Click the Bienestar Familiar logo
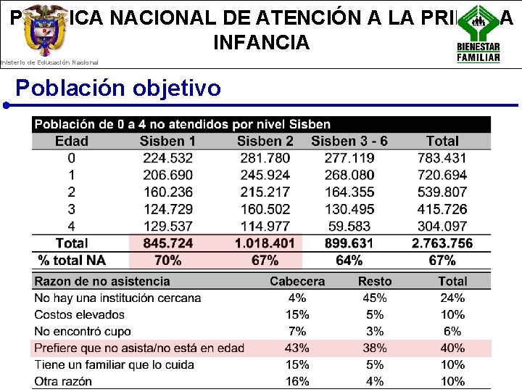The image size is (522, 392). coord(478,33)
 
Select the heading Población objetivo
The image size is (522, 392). coord(118,88)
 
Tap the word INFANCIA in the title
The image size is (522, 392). coord(261,42)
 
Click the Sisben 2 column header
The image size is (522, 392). coord(265,141)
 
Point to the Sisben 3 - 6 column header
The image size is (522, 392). coord(349,141)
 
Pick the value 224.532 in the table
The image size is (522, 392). coord(167,158)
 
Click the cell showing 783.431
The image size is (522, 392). coord(442,158)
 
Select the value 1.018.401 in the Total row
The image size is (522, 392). coord(265,243)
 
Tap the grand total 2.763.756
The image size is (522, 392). coord(442,243)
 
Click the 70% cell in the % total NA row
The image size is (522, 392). coord(167,260)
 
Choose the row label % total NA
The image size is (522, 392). coord(72,260)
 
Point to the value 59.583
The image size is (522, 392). coord(349,226)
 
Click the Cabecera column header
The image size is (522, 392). coord(297,281)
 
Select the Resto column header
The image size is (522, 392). coord(375,281)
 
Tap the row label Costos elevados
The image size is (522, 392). coord(80,314)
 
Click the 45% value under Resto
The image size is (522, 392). coord(375,298)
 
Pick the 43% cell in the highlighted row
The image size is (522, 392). coord(297,348)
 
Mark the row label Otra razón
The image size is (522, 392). coord(63,381)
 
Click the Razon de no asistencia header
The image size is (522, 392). coord(102,281)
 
